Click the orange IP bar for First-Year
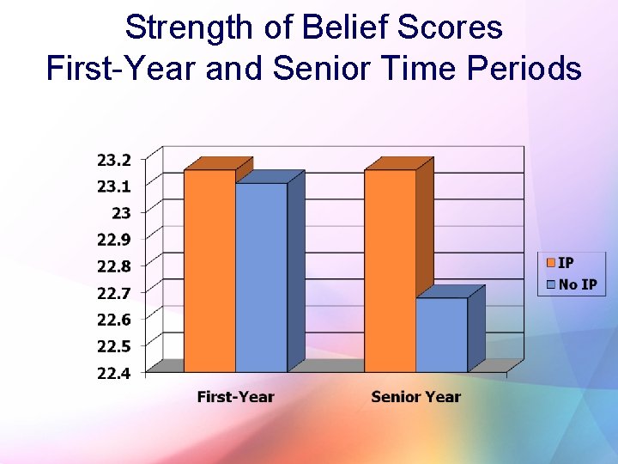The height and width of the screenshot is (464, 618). tap(209, 271)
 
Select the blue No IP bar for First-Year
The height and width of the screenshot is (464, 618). tap(261, 278)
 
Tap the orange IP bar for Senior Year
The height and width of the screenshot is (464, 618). tap(390, 271)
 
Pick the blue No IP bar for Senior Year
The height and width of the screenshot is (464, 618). tap(441, 335)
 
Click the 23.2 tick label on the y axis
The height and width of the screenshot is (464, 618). tap(114, 160)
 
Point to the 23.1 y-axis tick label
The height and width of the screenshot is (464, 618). tap(114, 186)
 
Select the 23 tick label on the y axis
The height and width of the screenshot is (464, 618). tap(121, 213)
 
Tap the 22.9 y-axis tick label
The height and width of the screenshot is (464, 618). tap(114, 240)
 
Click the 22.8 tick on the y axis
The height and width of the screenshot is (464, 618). tap(114, 266)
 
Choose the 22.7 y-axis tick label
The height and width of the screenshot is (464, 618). tap(114, 293)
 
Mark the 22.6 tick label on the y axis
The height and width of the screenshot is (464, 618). tap(114, 320)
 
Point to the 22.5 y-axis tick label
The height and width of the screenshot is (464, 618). tap(114, 346)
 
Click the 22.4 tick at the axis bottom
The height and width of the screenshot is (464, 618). tap(114, 373)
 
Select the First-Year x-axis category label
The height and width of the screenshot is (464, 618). tap(235, 397)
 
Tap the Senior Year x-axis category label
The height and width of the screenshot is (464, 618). tap(415, 397)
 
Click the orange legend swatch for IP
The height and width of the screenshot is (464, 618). tap(550, 263)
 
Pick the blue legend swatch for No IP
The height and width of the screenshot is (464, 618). tap(550, 284)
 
